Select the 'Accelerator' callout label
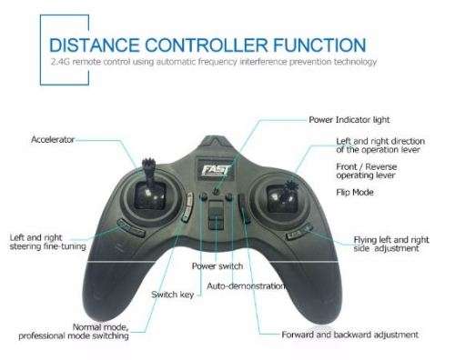tap(53, 140)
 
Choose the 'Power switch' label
tap(217, 266)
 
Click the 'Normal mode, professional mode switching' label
tap(73, 331)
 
